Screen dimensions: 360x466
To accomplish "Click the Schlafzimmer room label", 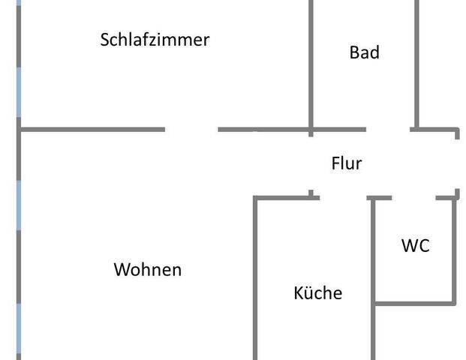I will [155, 40].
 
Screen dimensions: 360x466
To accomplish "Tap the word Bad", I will [364, 52].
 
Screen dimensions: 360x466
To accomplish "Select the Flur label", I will [347, 163].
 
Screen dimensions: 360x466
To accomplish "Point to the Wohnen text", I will [147, 269].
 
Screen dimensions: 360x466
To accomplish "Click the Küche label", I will [317, 292].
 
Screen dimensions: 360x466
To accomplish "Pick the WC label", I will [415, 245].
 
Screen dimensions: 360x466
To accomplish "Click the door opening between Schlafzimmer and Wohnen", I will [191, 130].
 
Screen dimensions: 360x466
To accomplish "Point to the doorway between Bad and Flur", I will [388, 130].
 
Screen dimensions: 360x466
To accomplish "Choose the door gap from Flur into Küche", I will [343, 198].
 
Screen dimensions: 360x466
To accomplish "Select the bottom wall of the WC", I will [414, 303].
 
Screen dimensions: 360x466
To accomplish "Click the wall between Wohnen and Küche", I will [256, 277].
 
